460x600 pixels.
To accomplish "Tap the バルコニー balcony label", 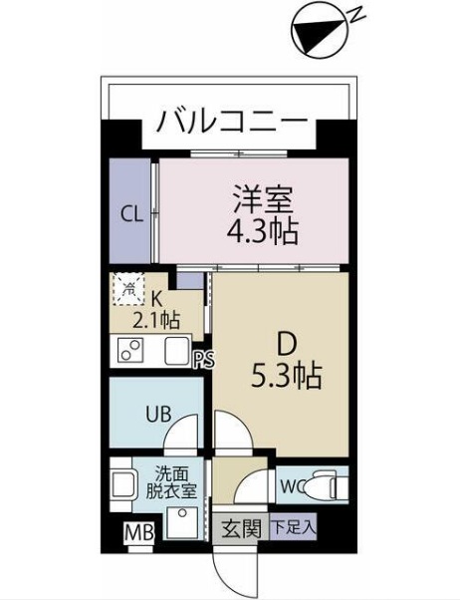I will click(x=231, y=125).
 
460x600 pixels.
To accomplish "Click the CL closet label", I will click(x=130, y=212).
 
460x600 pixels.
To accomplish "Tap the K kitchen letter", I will click(x=157, y=296).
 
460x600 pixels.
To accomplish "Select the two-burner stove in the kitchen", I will click(x=130, y=350).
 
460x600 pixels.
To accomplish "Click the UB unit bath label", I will click(x=157, y=413).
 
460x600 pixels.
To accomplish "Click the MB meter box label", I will click(x=139, y=533).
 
